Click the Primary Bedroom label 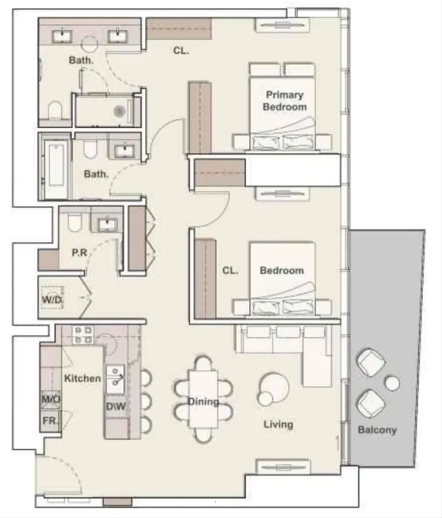[x=284, y=101]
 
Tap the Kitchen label [x=82, y=378]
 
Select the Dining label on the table [x=203, y=402]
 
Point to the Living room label [x=278, y=424]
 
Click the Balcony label [x=377, y=430]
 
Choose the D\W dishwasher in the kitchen [x=115, y=406]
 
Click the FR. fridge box [x=50, y=421]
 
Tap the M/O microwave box [x=50, y=399]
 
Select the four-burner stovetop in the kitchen [x=83, y=335]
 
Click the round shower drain [x=119, y=111]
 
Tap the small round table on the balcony [x=392, y=383]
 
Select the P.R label [x=79, y=253]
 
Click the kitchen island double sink [x=115, y=379]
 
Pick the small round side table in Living [x=266, y=399]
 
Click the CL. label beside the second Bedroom [x=230, y=271]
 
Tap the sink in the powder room [x=107, y=224]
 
